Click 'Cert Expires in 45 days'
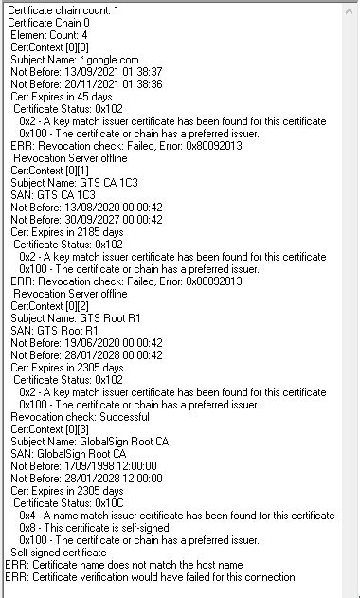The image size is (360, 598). [62, 97]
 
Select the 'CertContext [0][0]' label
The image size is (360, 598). [51, 47]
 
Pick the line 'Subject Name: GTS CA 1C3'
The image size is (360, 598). [70, 183]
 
